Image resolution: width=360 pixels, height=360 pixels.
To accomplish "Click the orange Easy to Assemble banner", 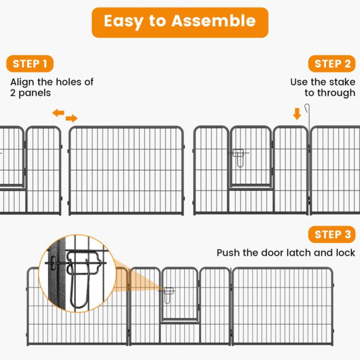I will pyautogui.click(x=180, y=22).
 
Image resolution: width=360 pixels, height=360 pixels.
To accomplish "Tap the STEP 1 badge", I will pyautogui.click(x=30, y=64).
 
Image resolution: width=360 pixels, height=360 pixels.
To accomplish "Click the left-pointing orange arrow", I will pyautogui.click(x=58, y=112).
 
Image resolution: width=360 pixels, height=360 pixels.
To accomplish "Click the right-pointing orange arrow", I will pyautogui.click(x=71, y=119).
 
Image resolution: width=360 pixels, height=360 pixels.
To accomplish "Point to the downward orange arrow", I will pyautogui.click(x=297, y=113).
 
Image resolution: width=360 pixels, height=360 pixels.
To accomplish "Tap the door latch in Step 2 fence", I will pyautogui.click(x=238, y=157).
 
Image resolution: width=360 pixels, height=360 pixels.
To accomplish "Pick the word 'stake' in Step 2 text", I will pyautogui.click(x=343, y=82).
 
